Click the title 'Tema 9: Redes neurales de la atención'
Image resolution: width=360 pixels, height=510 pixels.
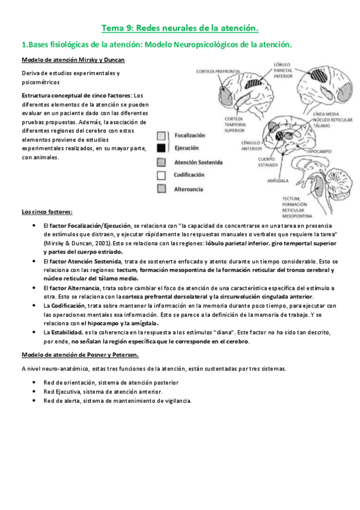coord(180,28)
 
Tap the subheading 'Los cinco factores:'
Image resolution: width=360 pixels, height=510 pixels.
coord(47,212)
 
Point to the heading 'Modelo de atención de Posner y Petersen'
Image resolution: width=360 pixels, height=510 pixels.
coord(80,354)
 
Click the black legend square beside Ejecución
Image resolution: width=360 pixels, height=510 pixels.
coord(161,147)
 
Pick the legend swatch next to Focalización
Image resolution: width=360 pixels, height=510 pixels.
coord(161,136)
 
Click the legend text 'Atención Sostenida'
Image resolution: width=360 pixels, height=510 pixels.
coord(198,162)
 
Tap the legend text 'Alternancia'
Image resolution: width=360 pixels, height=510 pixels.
coord(189,189)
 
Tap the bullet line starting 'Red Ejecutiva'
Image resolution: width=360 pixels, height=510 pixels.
coord(103,392)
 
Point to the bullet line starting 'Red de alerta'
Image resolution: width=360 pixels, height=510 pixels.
coord(118,401)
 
